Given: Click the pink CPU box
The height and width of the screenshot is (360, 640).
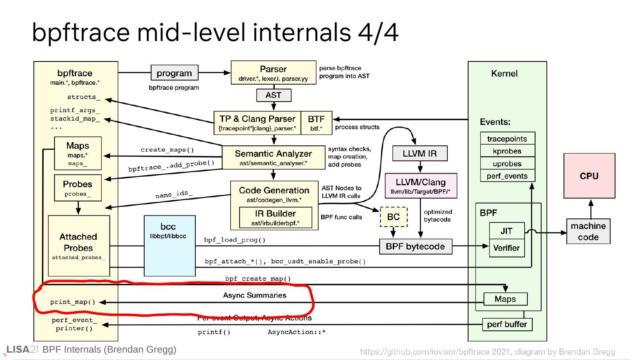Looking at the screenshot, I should tap(589, 176).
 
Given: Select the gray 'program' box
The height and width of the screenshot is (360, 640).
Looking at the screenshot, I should tap(174, 73).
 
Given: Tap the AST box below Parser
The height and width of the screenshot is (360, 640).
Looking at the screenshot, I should tap(274, 95).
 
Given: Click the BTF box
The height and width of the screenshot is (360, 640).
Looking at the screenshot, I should tap(316, 123).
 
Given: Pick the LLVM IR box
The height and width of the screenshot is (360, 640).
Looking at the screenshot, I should tap(419, 154).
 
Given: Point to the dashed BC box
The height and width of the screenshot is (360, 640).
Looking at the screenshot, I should tap(394, 217).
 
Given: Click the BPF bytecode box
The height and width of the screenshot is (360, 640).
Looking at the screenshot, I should tap(415, 246).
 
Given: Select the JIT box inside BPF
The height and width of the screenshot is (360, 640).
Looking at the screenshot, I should tap(507, 231).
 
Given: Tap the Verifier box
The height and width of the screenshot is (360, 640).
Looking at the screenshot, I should tap(507, 248).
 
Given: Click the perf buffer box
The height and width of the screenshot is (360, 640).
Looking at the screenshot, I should tap(507, 324).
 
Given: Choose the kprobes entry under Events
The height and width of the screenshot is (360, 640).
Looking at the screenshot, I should tap(507, 151).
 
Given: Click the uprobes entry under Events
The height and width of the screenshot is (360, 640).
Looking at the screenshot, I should tap(507, 164).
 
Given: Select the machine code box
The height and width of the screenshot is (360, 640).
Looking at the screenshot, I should tap(588, 231).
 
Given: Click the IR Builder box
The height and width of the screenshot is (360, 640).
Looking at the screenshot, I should tap(276, 217).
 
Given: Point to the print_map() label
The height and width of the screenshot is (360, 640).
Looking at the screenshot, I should tap(73, 302).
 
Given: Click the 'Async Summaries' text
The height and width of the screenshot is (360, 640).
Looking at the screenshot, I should tap(255, 295).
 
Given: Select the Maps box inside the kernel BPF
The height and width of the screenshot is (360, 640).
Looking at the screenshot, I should tap(505, 299).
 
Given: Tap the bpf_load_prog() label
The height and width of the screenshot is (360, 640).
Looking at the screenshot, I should tap(235, 240).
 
